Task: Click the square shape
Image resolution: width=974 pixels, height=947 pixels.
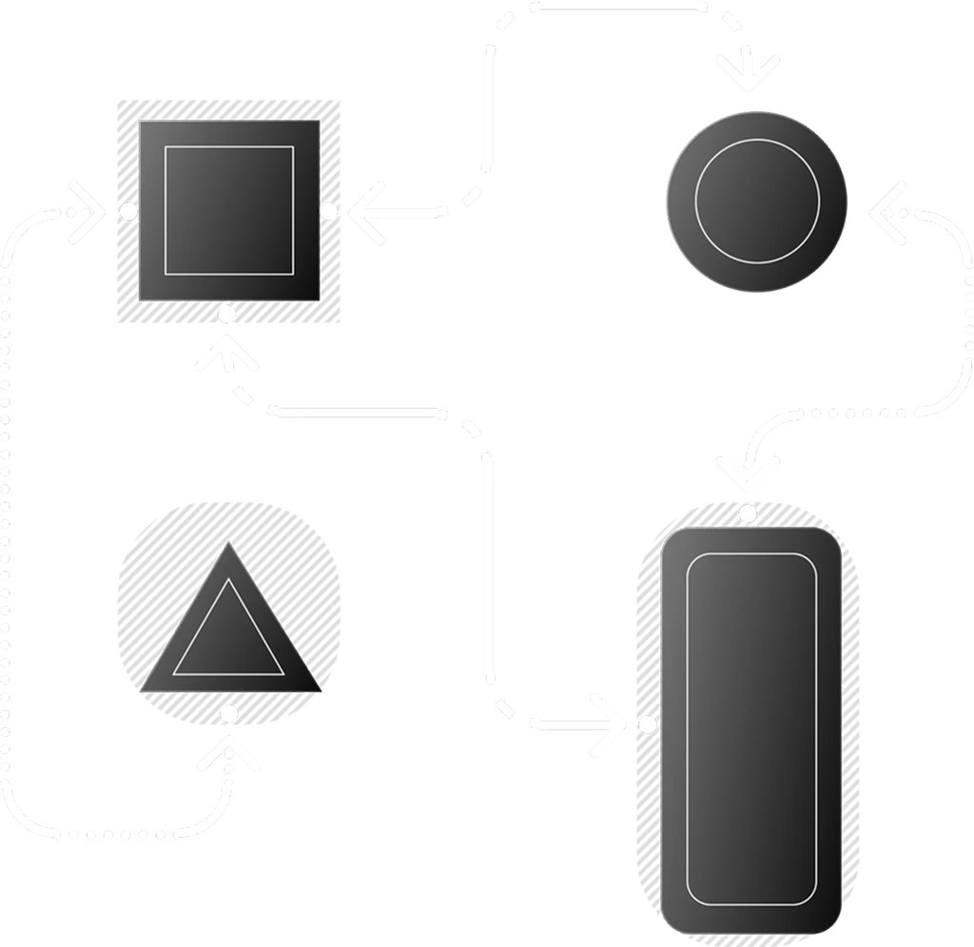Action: [229, 210]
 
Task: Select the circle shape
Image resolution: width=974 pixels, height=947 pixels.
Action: [757, 202]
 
